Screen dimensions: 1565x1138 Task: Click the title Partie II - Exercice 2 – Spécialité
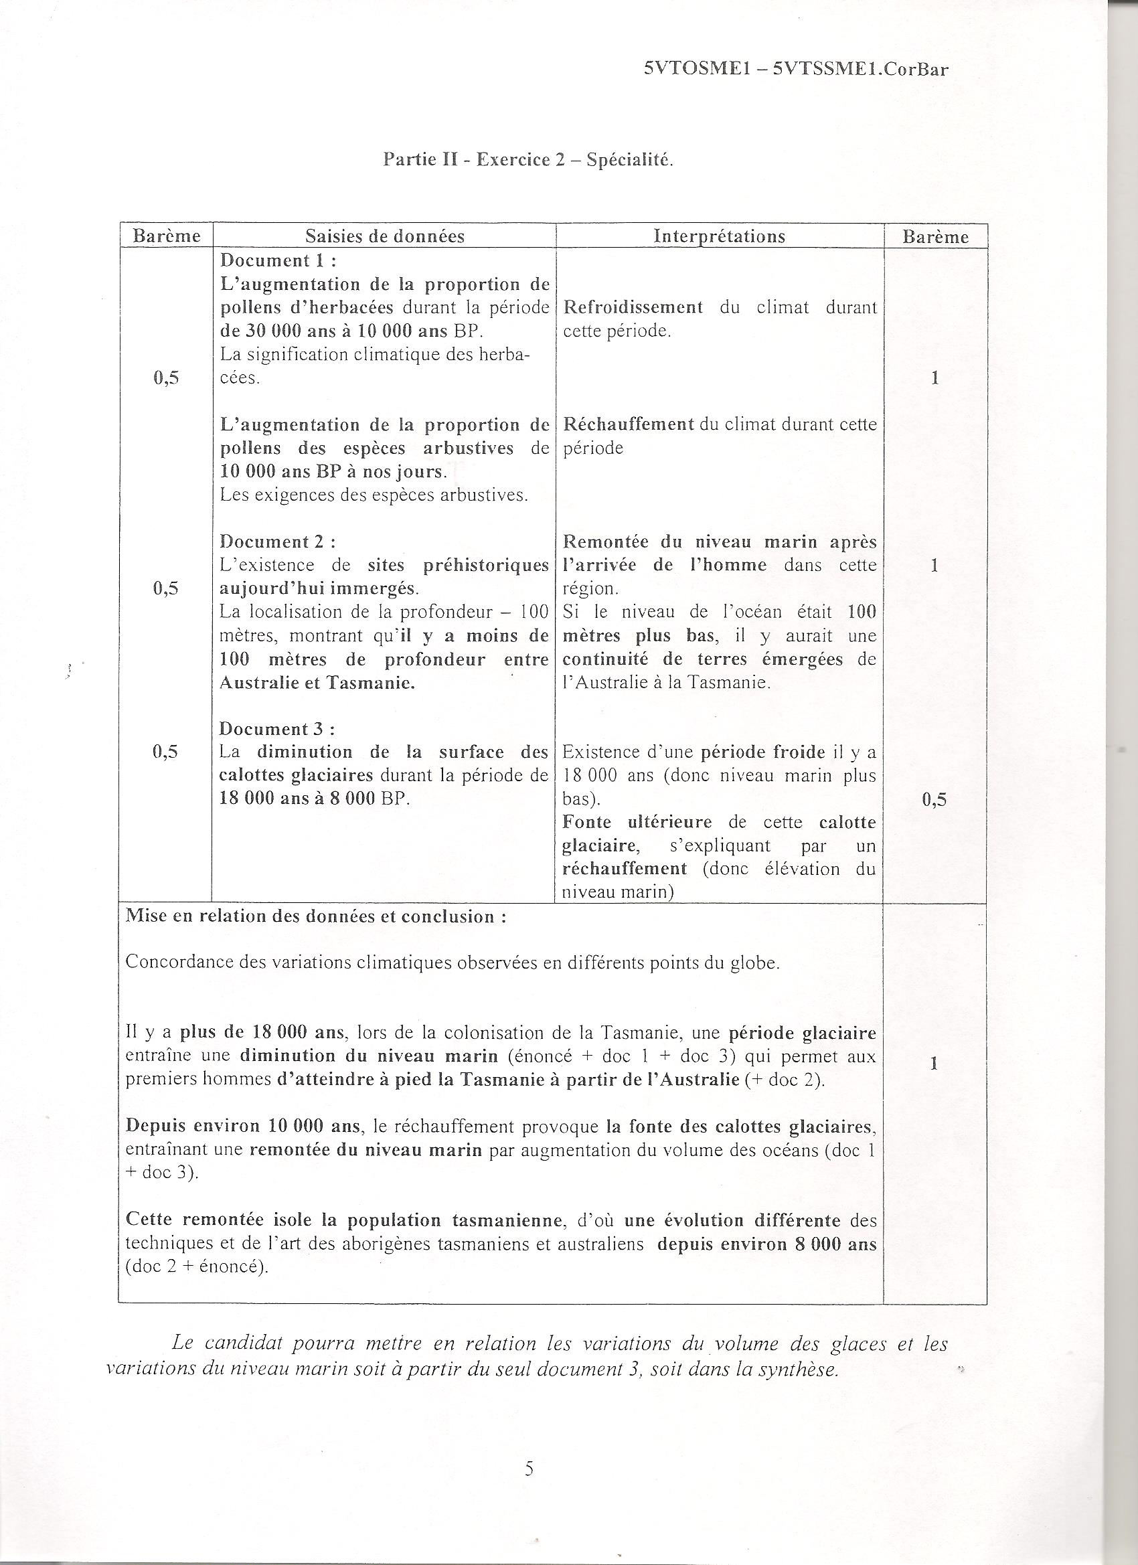click(528, 160)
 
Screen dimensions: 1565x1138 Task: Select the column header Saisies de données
click(384, 236)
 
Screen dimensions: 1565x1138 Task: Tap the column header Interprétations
click(719, 236)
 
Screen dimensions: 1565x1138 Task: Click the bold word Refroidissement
click(633, 307)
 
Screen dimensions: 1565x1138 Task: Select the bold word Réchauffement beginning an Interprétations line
click(628, 424)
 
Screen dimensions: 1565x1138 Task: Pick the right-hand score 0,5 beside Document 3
click(934, 799)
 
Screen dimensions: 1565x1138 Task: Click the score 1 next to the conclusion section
click(934, 1064)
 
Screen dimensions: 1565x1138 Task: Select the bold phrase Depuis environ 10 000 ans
click(243, 1126)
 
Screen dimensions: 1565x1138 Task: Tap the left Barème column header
click(166, 236)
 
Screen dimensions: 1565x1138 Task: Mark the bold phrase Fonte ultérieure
click(637, 822)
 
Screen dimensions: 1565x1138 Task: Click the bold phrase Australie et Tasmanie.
click(317, 683)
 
